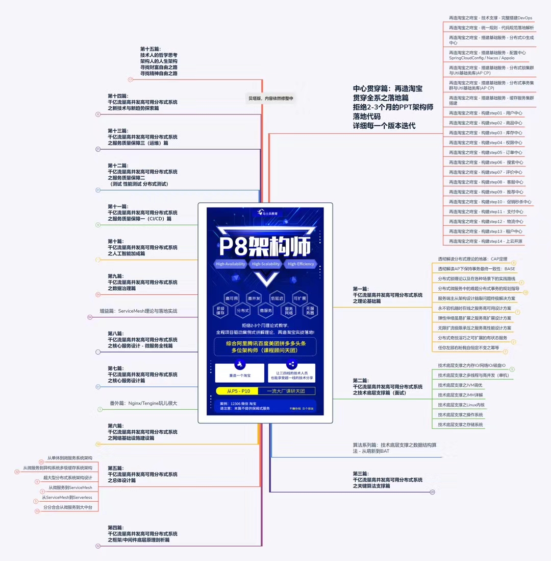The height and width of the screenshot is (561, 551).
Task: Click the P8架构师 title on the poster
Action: (x=265, y=246)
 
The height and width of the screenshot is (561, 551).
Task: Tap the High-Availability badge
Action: (x=230, y=264)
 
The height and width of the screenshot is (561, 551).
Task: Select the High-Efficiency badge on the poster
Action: (x=301, y=264)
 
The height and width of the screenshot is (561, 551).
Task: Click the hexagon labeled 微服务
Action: (x=266, y=310)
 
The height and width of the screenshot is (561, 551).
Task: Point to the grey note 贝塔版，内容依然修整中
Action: (x=270, y=99)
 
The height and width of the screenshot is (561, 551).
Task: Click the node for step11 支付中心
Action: (x=486, y=212)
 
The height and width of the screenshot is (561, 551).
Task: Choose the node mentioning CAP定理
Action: (x=472, y=259)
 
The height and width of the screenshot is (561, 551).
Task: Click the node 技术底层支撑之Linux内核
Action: (x=461, y=405)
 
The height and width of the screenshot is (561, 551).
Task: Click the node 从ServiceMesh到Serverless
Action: (x=67, y=497)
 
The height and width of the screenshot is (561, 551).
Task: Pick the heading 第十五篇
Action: (x=150, y=49)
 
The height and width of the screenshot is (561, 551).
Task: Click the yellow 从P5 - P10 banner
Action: (x=238, y=391)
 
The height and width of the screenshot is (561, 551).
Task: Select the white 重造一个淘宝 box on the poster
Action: (x=239, y=373)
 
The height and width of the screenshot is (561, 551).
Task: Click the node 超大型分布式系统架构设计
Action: (x=67, y=477)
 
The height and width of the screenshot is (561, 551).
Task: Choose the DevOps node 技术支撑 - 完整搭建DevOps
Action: (x=490, y=18)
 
